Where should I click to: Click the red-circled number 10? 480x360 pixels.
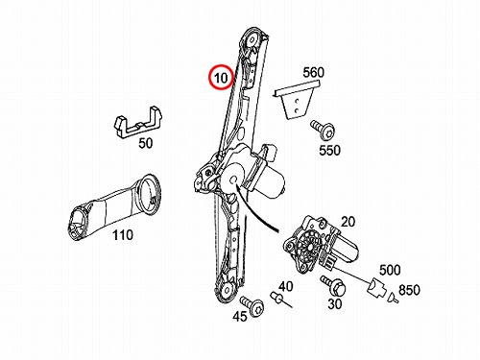(x=221, y=78)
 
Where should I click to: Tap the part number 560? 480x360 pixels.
(x=313, y=73)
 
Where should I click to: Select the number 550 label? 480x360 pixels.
(x=329, y=150)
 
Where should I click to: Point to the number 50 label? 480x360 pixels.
(x=146, y=143)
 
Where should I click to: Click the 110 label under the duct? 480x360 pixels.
(x=123, y=235)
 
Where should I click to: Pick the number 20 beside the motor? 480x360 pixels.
(x=348, y=222)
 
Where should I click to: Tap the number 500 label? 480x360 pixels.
(x=390, y=271)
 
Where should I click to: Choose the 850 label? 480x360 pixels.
(x=409, y=290)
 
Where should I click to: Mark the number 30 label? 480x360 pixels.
(x=335, y=304)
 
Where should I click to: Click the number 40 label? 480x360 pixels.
(x=285, y=286)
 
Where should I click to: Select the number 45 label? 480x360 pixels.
(x=240, y=317)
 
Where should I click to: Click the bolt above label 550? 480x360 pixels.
(x=323, y=130)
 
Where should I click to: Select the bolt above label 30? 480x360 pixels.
(x=333, y=285)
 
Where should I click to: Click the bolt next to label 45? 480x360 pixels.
(x=252, y=306)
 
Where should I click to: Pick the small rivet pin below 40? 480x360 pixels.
(x=280, y=300)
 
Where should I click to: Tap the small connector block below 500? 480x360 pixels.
(x=375, y=287)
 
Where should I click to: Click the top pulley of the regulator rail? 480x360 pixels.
(x=252, y=40)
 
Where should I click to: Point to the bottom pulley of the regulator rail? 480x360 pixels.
(x=227, y=290)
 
